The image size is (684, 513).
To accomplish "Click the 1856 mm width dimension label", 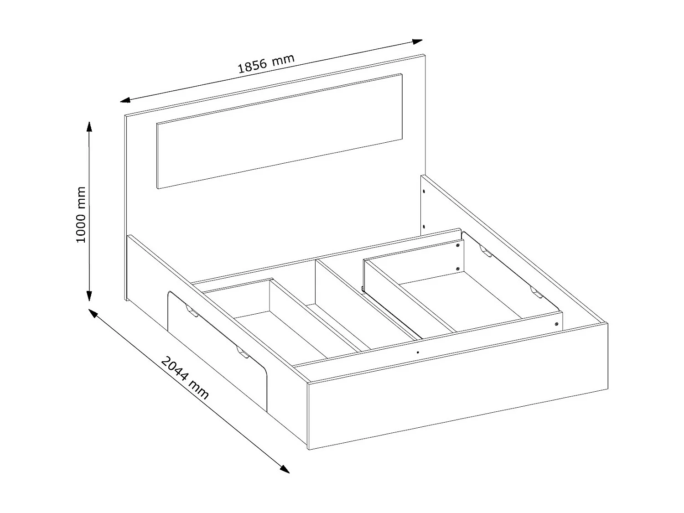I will [266, 64].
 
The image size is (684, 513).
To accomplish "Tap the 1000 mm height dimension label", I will [81, 214].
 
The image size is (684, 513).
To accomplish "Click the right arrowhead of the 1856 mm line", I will [417, 41].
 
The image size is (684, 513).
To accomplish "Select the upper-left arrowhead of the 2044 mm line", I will [93, 313].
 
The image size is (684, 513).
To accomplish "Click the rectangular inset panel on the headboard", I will [279, 131].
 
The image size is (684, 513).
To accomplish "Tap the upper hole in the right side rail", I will [424, 192].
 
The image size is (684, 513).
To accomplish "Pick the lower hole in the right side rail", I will [424, 226].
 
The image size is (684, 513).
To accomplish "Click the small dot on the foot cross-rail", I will [418, 352].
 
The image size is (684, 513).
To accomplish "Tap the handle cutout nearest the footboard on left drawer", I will [242, 353].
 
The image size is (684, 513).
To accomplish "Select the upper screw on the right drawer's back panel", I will [457, 245].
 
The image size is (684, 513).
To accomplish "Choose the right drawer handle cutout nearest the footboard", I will [536, 292].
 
